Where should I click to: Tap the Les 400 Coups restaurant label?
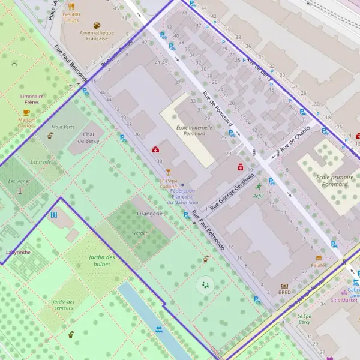[x=71, y=17]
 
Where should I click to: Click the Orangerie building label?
[x=150, y=213]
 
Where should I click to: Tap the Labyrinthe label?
[x=17, y=253]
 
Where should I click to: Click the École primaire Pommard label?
[x=332, y=181]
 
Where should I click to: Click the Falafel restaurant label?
[x=319, y=265]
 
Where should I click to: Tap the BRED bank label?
[x=284, y=293]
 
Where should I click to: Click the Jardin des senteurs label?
[x=62, y=305]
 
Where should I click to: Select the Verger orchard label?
[x=140, y=232]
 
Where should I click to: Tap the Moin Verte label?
[x=63, y=127]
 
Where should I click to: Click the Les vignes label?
[x=19, y=181]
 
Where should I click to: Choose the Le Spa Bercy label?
[x=307, y=319]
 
